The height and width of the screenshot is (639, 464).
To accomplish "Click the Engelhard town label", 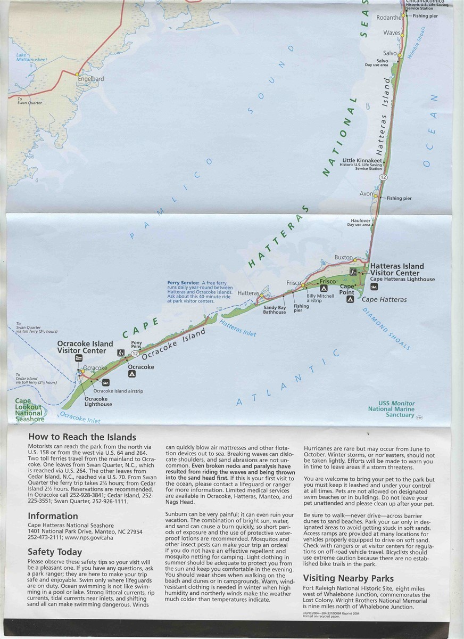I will [90, 79].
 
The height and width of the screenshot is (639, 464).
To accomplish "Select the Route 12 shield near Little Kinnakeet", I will [383, 176].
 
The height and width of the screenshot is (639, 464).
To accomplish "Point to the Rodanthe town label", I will [388, 17].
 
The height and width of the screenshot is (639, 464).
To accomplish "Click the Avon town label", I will [366, 194].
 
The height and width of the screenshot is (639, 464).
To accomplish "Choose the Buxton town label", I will [343, 258].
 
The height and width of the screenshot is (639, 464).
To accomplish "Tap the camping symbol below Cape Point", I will [350, 300].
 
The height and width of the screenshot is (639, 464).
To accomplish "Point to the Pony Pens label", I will [136, 345].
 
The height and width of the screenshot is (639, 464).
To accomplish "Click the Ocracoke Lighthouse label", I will [98, 402].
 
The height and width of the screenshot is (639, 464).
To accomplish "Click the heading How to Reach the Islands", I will [82, 437].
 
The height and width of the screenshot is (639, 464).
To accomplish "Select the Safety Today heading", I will [55, 552].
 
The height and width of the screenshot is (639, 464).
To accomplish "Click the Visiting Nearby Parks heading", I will [348, 578].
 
